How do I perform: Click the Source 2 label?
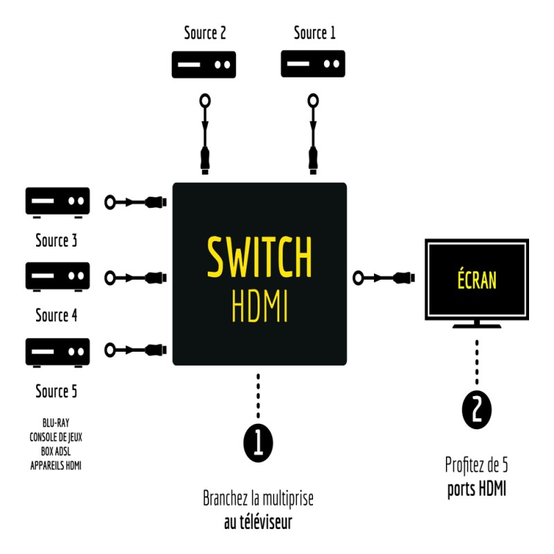click(205, 33)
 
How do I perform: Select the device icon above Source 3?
click(57, 202)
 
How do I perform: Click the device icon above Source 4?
click(57, 276)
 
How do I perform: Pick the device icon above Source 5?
click(57, 352)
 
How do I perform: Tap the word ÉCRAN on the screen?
click(476, 280)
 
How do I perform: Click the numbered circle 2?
click(476, 410)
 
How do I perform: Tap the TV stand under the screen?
click(476, 325)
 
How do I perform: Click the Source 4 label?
click(56, 316)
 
